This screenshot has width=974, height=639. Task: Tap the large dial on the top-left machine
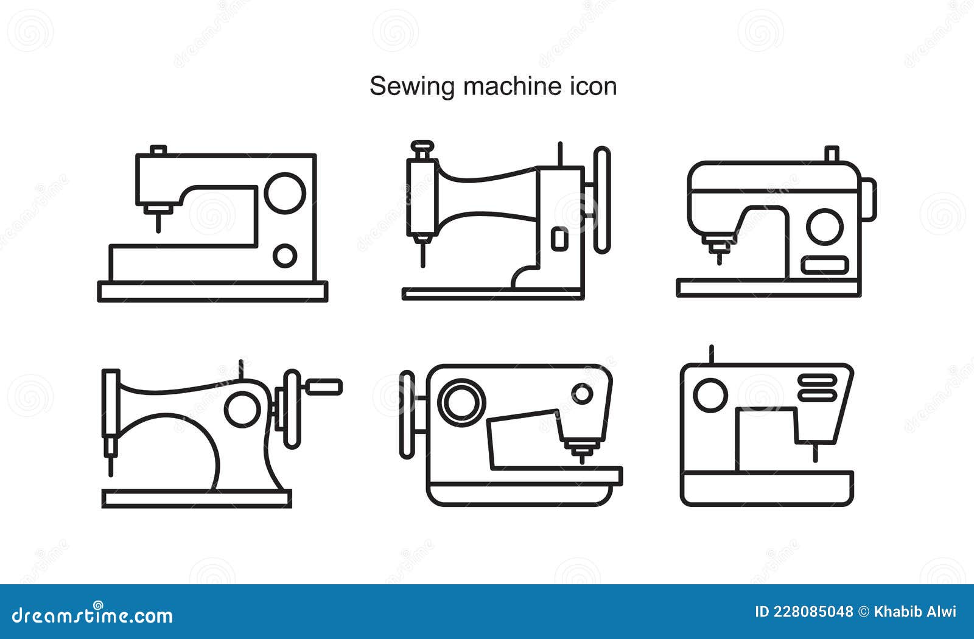(285, 193)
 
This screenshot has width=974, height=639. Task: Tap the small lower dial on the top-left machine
(284, 256)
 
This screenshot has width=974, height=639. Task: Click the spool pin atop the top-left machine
(158, 150)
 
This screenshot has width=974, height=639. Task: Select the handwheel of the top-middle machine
(601, 200)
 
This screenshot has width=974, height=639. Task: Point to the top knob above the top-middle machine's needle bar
(422, 147)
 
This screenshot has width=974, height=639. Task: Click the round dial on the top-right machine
(824, 226)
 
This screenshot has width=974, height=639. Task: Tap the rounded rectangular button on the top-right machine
(824, 265)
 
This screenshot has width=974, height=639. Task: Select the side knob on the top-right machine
(869, 199)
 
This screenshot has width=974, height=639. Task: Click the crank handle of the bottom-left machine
(323, 386)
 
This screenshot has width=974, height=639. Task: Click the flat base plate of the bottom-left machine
(196, 499)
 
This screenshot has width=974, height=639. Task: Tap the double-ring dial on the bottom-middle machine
(462, 402)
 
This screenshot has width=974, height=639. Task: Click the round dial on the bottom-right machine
(710, 395)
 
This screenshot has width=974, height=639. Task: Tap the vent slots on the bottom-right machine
(817, 388)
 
